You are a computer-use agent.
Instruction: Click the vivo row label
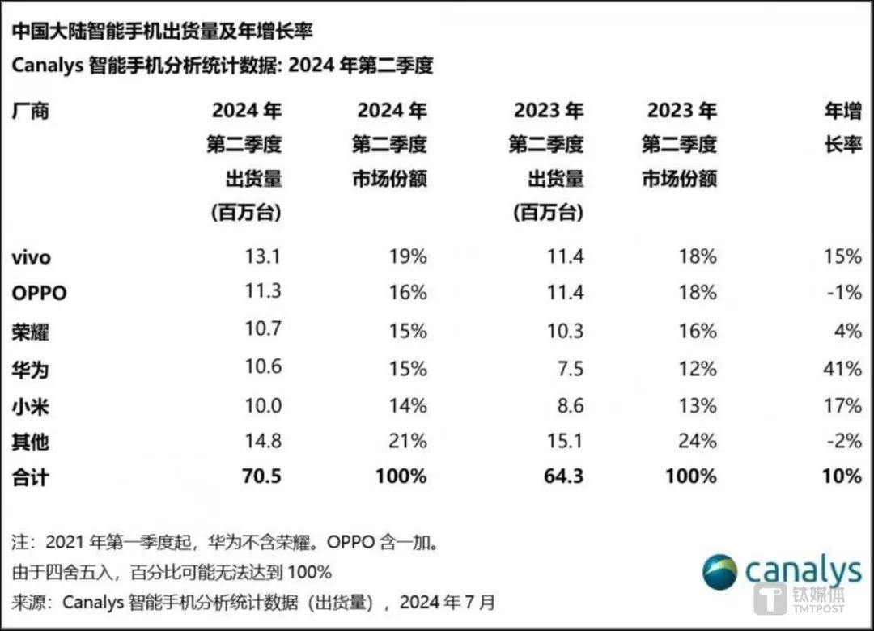[x=32, y=258]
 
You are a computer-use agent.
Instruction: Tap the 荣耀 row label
[x=31, y=332]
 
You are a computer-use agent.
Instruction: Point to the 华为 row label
[x=31, y=369]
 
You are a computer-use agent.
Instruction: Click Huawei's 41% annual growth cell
[x=842, y=369]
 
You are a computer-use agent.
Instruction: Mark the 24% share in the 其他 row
[x=697, y=441]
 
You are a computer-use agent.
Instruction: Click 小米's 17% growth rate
[x=842, y=404]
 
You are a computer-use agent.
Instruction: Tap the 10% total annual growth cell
[x=842, y=476]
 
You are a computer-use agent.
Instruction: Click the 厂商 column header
[x=31, y=111]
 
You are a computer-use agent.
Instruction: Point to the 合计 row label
[x=31, y=477]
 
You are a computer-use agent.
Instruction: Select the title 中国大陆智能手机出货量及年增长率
[x=162, y=32]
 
